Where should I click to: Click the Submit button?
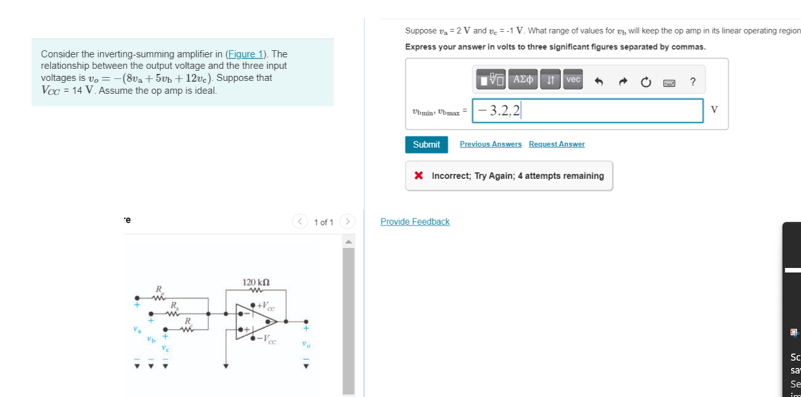click(426, 144)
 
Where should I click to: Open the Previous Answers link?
click(490, 144)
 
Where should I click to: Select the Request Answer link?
click(556, 144)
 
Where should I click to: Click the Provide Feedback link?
click(415, 222)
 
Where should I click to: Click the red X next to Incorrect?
click(419, 176)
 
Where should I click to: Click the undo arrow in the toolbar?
click(598, 81)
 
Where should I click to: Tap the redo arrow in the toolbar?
click(623, 81)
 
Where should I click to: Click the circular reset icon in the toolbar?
click(646, 81)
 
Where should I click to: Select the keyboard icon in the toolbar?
click(669, 82)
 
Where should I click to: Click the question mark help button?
click(692, 81)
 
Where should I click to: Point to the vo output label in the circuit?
click(306, 345)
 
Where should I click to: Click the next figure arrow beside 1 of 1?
click(347, 222)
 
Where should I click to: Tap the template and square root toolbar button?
click(490, 80)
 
